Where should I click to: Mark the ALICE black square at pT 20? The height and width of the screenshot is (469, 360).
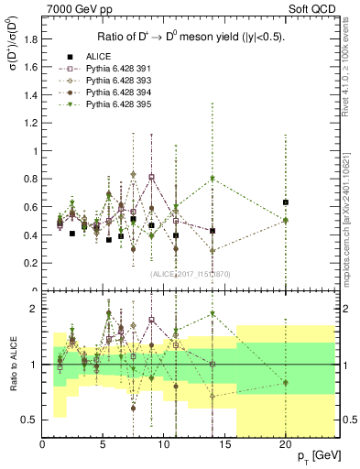(286, 202)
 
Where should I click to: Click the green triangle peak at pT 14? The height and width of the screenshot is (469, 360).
(213, 179)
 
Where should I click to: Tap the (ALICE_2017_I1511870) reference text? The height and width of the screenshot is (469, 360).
(190, 274)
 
